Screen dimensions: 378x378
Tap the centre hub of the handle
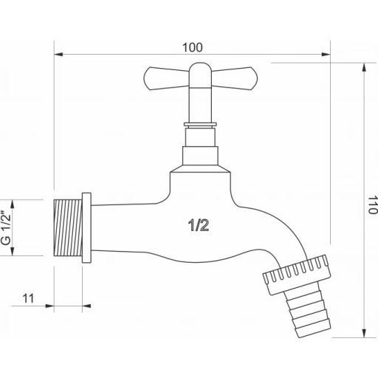(x=199, y=72)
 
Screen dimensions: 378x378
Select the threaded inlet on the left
(x=69, y=226)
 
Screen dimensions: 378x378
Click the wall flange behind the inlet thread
(x=86, y=226)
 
